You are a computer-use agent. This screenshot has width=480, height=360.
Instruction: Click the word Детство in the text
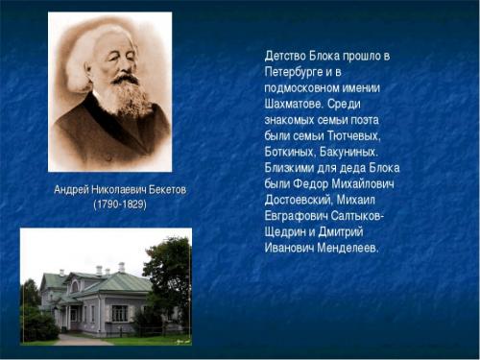pyautogui.click(x=286, y=56)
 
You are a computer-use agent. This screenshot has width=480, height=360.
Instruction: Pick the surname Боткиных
pyautogui.click(x=293, y=152)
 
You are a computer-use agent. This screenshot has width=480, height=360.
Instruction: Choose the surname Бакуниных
pyautogui.click(x=349, y=152)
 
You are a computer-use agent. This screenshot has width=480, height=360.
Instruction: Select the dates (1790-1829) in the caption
pyautogui.click(x=119, y=205)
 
